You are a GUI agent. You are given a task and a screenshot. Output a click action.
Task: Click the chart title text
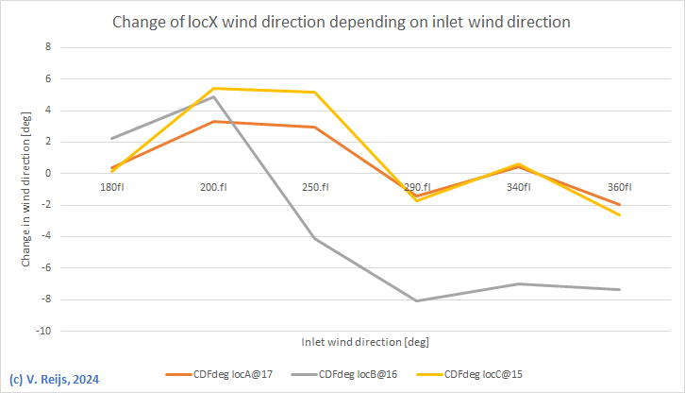pos(342,22)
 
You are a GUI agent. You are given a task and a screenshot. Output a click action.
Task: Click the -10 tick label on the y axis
pos(42,332)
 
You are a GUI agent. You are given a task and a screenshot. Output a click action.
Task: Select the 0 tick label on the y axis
pos(46,173)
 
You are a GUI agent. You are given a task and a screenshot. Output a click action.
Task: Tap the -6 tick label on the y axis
pos(43,268)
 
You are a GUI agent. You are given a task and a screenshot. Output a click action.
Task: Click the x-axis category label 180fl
pos(111,187)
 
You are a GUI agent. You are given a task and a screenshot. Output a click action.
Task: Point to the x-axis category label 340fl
pos(518,187)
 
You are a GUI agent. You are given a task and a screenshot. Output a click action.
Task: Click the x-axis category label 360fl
pos(620,187)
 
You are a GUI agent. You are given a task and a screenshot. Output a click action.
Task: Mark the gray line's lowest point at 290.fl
pos(416,301)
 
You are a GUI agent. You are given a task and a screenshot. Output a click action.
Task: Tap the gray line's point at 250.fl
pos(314,239)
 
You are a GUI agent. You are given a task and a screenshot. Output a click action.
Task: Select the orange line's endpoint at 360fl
pos(620,205)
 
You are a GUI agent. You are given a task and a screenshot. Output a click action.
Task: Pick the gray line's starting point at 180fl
pos(111,139)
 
